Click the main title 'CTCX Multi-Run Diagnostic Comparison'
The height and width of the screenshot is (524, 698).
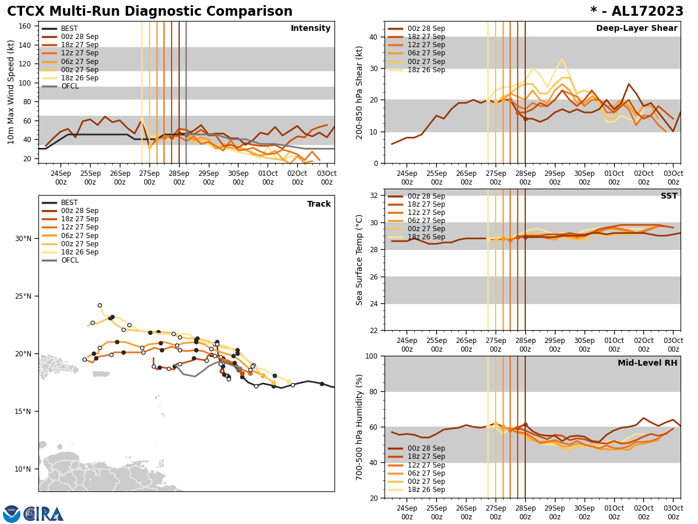click(x=149, y=12)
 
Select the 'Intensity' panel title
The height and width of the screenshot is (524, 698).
click(x=310, y=29)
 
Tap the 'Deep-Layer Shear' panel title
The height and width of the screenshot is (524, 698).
click(x=636, y=29)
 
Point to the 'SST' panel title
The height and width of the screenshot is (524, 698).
click(x=668, y=196)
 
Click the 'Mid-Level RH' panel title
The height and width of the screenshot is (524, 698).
click(x=647, y=363)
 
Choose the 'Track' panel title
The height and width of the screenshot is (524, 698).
click(x=319, y=204)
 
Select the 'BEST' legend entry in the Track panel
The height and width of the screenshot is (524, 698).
click(x=69, y=203)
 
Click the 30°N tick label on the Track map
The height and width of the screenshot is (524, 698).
click(x=24, y=239)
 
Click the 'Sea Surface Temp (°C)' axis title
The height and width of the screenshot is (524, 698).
click(x=359, y=260)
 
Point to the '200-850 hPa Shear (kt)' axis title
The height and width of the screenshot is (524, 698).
click(x=359, y=92)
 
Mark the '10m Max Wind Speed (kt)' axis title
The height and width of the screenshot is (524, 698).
click(x=12, y=92)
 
